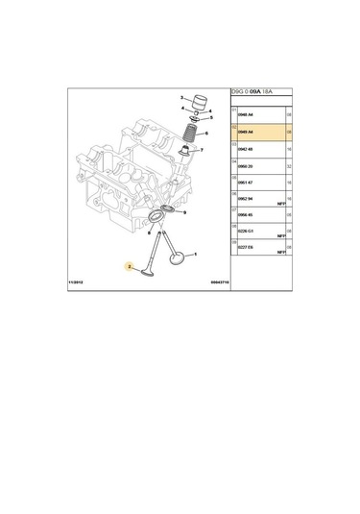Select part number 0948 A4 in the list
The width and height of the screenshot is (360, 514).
tap(247, 115)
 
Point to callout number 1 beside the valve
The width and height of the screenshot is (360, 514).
tap(196, 255)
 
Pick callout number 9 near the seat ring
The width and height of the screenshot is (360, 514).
tap(184, 213)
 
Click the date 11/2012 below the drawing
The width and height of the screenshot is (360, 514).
tap(78, 282)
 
